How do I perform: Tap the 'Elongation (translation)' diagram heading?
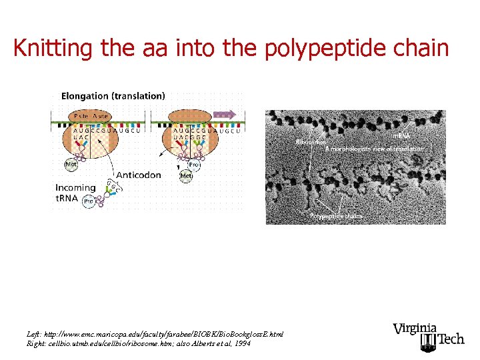[113, 96]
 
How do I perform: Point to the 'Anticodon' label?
[139, 175]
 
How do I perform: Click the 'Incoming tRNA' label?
[75, 192]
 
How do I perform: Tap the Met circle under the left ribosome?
[70, 164]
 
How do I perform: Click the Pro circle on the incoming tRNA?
[88, 201]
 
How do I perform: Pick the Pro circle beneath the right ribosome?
[195, 163]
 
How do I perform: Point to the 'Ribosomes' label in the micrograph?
[310, 142]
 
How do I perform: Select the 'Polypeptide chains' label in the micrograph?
[336, 216]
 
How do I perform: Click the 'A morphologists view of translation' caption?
[374, 149]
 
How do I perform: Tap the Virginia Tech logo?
[428, 337]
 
